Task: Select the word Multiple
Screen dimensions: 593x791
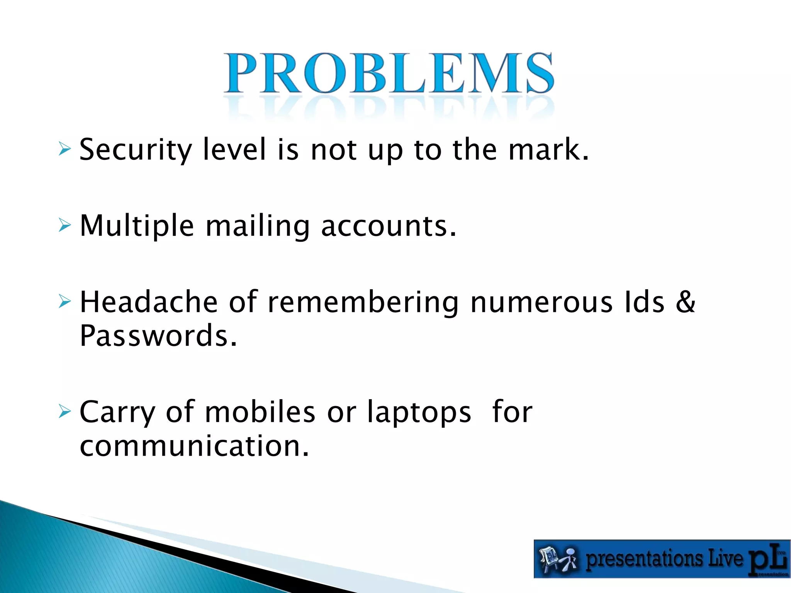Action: pyautogui.click(x=137, y=226)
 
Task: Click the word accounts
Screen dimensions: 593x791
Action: pyautogui.click(x=388, y=226)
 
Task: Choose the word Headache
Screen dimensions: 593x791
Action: pyautogui.click(x=149, y=302)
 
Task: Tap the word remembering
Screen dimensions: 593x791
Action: pyautogui.click(x=363, y=302)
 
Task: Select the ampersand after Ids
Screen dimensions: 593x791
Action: pyautogui.click(x=686, y=302)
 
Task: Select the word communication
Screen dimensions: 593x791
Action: pyautogui.click(x=194, y=446)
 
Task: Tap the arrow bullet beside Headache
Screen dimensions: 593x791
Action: pyautogui.click(x=65, y=301)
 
